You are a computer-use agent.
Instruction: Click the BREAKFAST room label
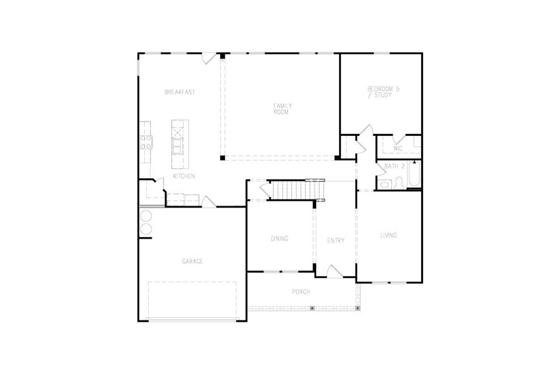[180, 92]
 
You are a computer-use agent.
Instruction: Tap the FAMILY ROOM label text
[282, 108]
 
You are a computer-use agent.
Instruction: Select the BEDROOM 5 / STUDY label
[383, 92]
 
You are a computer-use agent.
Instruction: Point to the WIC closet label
[398, 148]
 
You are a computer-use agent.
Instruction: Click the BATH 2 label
[394, 166]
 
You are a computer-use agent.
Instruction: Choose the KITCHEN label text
[184, 176]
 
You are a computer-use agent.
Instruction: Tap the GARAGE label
[192, 262]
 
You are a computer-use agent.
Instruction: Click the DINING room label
[279, 239]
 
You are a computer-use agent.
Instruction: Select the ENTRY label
[335, 241]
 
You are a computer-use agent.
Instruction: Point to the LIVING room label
[389, 236]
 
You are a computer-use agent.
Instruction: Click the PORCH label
[301, 292]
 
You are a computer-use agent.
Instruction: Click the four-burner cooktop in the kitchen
[146, 143]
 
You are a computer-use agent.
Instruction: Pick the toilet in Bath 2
[385, 183]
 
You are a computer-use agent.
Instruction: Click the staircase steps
[296, 189]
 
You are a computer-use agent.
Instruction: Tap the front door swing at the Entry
[334, 271]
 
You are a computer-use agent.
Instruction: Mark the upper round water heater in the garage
[146, 216]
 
